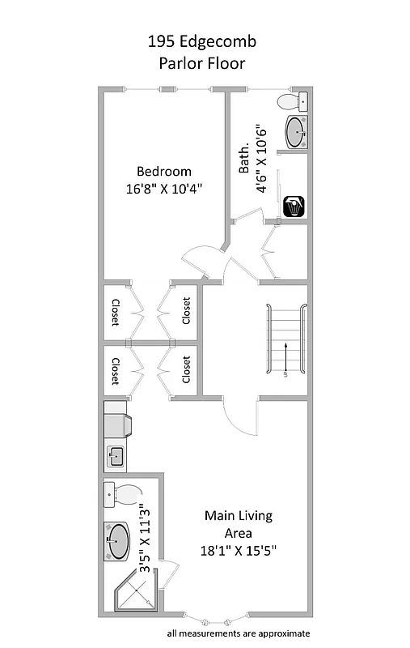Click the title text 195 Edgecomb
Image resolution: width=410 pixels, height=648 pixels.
[204, 41]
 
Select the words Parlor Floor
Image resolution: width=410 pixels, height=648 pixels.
[204, 62]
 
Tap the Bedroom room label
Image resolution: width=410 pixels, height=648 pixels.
[163, 171]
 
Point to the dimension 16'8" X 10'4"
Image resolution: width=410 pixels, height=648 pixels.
[163, 189]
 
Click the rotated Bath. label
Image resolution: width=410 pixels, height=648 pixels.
[243, 160]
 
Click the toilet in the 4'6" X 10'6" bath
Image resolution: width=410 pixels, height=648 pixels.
[291, 102]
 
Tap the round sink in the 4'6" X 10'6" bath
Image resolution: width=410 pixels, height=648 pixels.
[295, 133]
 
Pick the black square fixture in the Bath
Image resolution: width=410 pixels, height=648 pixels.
[294, 207]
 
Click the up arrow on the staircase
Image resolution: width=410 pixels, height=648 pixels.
[285, 357]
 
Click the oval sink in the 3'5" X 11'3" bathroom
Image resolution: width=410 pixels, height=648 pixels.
[118, 540]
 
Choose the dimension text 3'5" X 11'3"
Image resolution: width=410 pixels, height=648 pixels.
[146, 539]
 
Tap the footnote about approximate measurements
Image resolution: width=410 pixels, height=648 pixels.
[238, 633]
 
